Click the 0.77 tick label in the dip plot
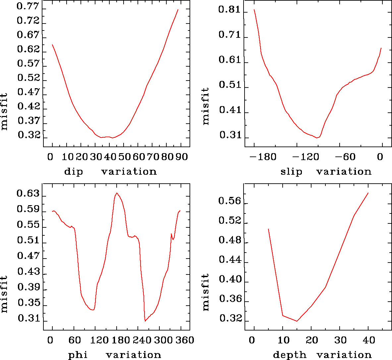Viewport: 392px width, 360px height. (x=28, y=7)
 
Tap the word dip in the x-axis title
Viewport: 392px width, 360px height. (x=74, y=172)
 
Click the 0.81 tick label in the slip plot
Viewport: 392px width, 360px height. (x=229, y=10)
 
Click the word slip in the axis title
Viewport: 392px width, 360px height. (x=291, y=172)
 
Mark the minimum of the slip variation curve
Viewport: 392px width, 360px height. (x=317, y=138)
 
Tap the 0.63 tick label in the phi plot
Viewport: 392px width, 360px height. (x=28, y=194)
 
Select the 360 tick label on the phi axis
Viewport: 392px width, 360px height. (x=184, y=340)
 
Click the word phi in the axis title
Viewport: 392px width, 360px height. (x=78, y=355)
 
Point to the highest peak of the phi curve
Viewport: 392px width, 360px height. (x=117, y=193)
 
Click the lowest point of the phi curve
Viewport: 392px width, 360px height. (x=145, y=321)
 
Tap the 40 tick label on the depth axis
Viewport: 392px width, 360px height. (x=368, y=340)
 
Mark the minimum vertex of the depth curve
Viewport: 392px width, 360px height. (x=297, y=321)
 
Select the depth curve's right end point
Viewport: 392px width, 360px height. (x=368, y=193)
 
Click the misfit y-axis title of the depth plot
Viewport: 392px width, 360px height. (x=206, y=292)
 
